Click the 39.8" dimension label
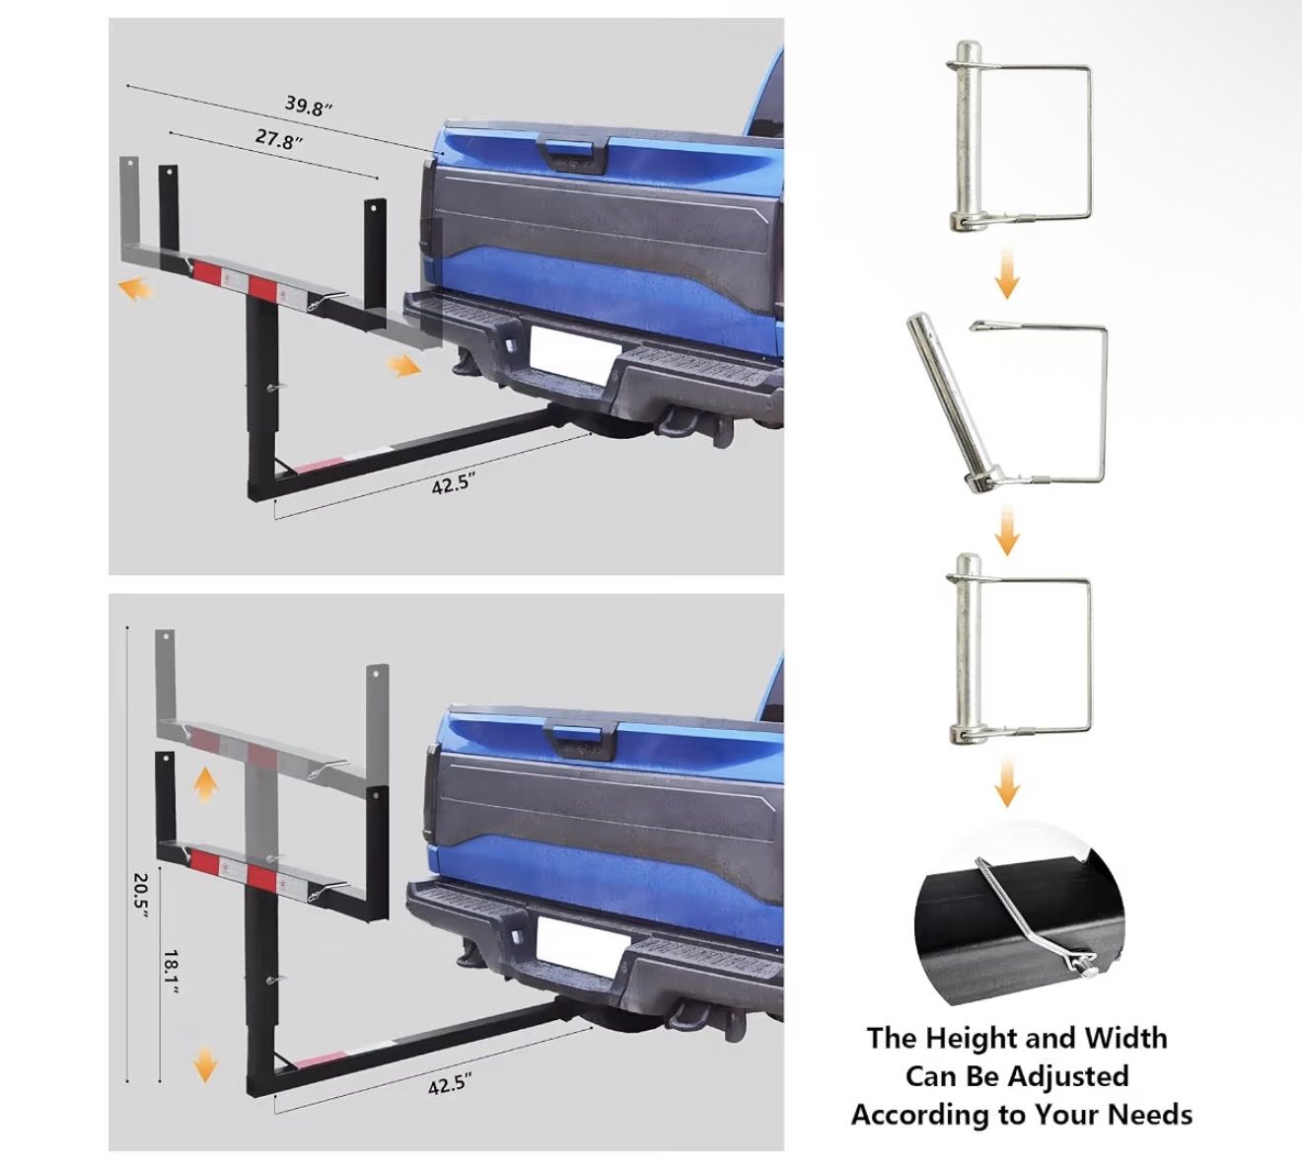[x=309, y=106]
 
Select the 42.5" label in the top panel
[x=455, y=482]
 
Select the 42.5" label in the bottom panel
[x=451, y=1085]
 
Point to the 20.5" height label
[x=141, y=895]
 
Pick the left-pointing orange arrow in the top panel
[x=135, y=291]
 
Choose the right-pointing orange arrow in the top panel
[x=403, y=366]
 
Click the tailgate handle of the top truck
[x=573, y=155]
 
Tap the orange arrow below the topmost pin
[x=1006, y=274]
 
